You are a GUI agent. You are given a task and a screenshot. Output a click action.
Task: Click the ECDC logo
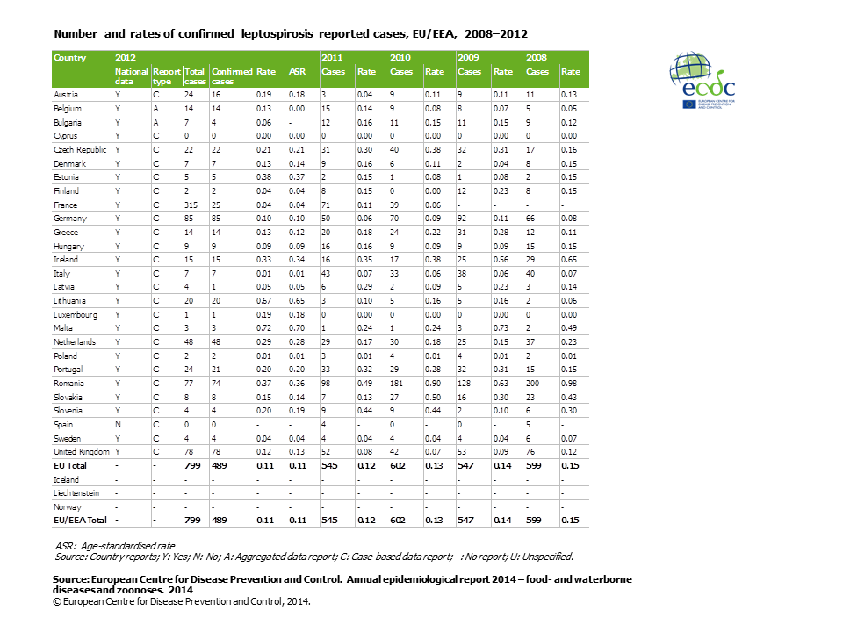click(x=702, y=80)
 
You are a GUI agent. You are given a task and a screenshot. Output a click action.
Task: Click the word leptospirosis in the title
click(x=277, y=34)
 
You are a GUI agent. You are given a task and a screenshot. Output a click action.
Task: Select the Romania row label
click(x=68, y=384)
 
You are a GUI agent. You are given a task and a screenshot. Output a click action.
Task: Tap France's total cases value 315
click(x=191, y=205)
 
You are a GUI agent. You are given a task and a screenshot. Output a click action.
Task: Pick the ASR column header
click(x=297, y=71)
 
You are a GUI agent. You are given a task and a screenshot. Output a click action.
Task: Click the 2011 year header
click(x=332, y=58)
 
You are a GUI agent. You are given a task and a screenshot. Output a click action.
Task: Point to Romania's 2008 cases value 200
click(x=532, y=384)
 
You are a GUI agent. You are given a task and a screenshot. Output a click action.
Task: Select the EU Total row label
click(x=70, y=465)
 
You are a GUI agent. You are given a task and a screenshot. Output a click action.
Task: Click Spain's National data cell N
click(x=118, y=425)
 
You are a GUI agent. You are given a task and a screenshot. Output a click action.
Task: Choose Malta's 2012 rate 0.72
click(x=263, y=327)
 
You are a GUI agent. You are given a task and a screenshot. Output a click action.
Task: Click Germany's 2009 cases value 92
click(x=462, y=219)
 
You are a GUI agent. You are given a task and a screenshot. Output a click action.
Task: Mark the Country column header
click(x=70, y=58)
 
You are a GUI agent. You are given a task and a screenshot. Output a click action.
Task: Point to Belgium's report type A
click(x=156, y=109)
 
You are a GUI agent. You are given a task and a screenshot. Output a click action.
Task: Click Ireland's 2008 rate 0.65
click(x=569, y=259)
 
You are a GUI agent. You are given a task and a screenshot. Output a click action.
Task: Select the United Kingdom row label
click(x=81, y=451)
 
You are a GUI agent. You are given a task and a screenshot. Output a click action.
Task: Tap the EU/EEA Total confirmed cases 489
click(x=220, y=520)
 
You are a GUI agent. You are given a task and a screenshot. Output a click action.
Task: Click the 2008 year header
click(x=536, y=58)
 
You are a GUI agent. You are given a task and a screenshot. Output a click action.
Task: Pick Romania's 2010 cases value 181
click(x=397, y=384)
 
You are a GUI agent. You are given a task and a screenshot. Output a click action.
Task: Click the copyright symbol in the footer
click(x=57, y=602)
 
